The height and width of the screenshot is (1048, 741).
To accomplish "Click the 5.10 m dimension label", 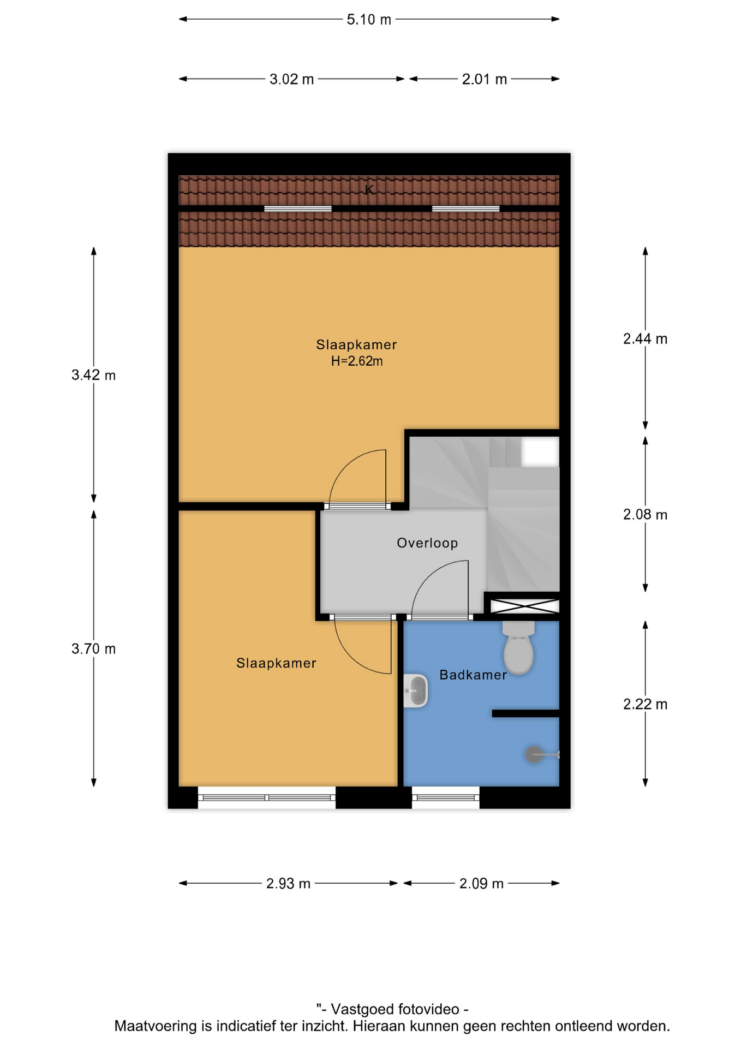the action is point(369,20).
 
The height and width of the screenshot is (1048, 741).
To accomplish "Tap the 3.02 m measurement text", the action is point(291,80).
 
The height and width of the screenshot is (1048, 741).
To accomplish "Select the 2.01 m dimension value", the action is point(485,80).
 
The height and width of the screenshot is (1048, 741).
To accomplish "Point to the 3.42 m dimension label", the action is point(93,376).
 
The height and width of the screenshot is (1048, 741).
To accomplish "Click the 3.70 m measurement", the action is point(93,649).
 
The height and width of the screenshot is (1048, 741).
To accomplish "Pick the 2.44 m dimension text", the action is point(645,339).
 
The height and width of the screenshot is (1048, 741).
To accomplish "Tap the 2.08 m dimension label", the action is point(645,515).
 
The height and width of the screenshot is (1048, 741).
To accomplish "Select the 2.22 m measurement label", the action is point(645,705).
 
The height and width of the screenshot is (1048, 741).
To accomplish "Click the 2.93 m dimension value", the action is point(288,884).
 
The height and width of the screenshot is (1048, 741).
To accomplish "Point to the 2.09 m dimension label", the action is point(481,884).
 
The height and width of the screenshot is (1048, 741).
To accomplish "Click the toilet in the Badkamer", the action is point(518,647).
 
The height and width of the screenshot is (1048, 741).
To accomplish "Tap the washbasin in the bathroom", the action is point(415,691).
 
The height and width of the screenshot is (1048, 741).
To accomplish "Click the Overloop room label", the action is point(427,543).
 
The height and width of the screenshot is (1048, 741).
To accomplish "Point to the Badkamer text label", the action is point(473,675).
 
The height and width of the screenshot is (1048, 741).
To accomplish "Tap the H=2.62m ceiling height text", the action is point(357,361).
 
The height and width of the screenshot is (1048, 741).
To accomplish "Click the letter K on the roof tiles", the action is point(369,190).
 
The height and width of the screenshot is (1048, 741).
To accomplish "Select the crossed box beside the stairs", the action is point(524,606).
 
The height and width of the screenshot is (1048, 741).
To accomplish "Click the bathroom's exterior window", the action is point(446,797).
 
